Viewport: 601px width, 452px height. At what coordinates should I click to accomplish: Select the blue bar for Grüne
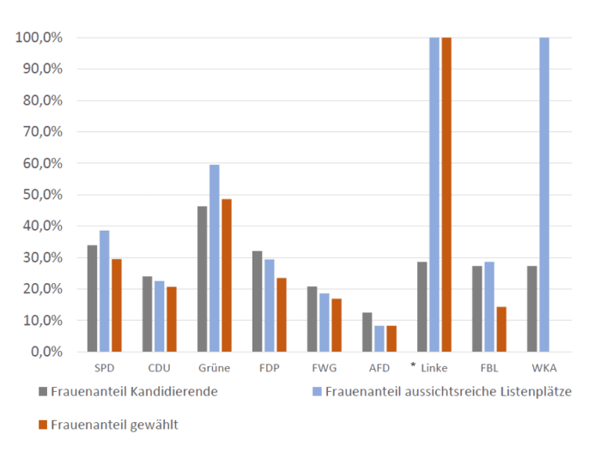click(x=214, y=258)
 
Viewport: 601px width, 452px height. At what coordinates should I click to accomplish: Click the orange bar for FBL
click(x=501, y=329)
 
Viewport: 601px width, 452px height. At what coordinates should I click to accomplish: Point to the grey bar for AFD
click(x=367, y=332)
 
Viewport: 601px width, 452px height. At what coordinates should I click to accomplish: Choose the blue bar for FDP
click(x=269, y=305)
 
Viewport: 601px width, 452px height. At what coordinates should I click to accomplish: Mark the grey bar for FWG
click(x=313, y=319)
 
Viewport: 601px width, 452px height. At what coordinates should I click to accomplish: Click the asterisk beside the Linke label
click(x=413, y=365)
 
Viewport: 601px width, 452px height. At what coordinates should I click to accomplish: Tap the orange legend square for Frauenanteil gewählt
click(x=42, y=425)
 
